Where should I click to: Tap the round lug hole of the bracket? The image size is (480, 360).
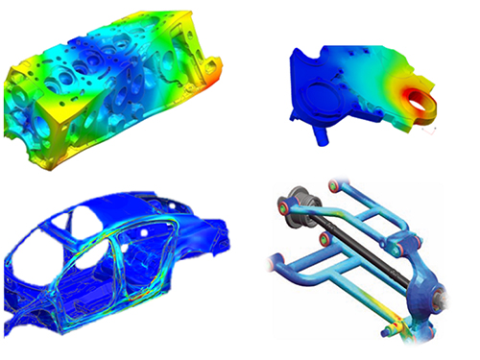click(x=419, y=98)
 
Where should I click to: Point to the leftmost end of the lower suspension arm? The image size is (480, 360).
click(x=279, y=259)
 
